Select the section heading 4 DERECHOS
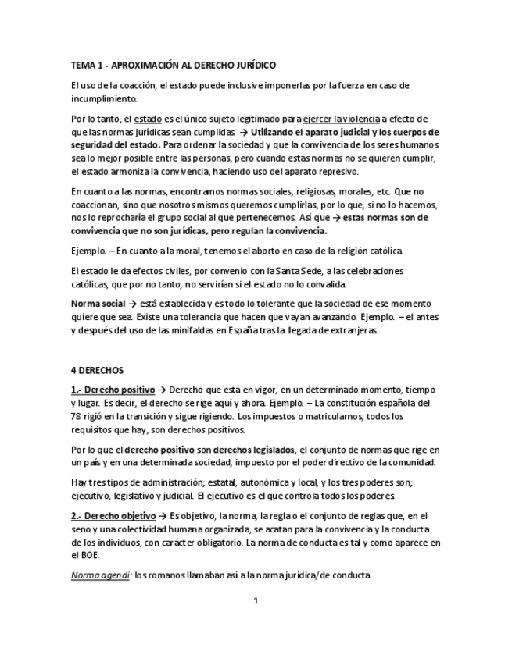coord(96,369)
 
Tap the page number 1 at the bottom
coord(256,600)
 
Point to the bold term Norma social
coord(98,304)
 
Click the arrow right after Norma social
coord(133,304)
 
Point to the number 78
coord(77,416)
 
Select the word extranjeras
coord(352,330)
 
